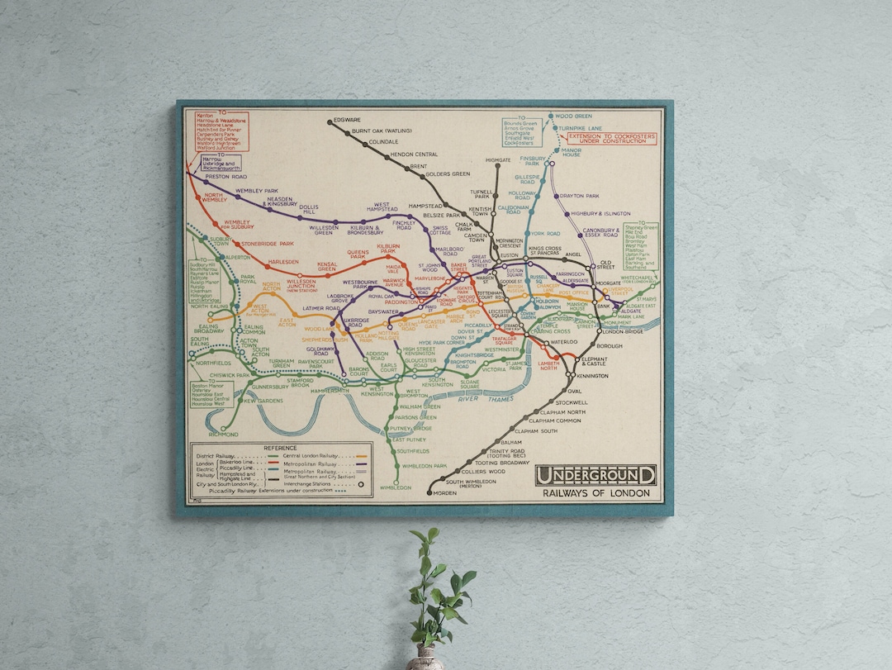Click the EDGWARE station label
347,121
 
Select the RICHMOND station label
223,434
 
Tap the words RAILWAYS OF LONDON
595,493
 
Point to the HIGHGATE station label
498,159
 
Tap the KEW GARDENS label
263,401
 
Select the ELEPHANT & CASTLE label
595,361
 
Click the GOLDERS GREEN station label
448,174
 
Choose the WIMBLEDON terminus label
396,487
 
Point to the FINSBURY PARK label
533,159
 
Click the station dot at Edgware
330,121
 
